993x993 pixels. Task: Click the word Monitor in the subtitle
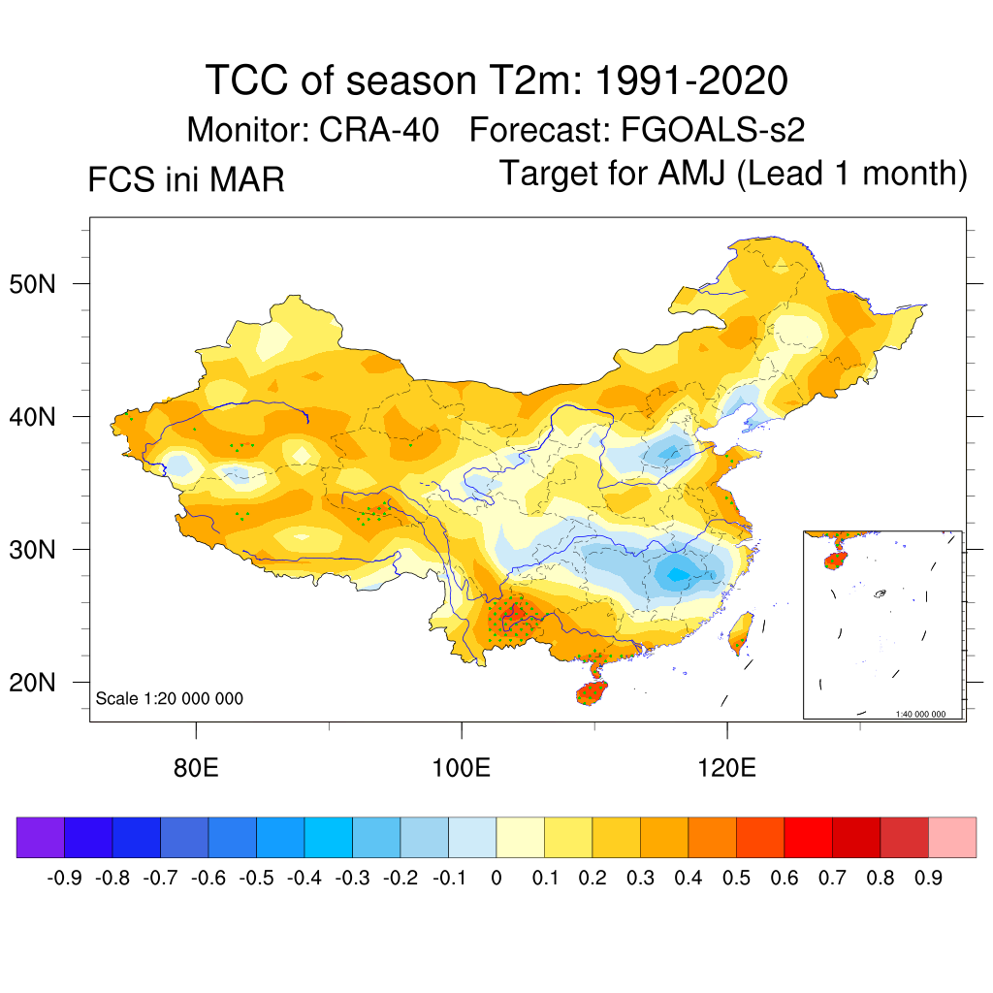[247, 129]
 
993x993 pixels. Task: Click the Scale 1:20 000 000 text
[170, 698]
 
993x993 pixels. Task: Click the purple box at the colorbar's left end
[41, 837]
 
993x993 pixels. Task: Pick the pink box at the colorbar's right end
[952, 837]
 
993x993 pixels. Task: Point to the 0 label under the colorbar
[496, 879]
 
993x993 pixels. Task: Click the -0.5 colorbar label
[257, 879]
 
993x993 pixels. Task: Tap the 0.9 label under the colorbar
[928, 879]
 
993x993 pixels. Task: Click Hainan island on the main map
[592, 692]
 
